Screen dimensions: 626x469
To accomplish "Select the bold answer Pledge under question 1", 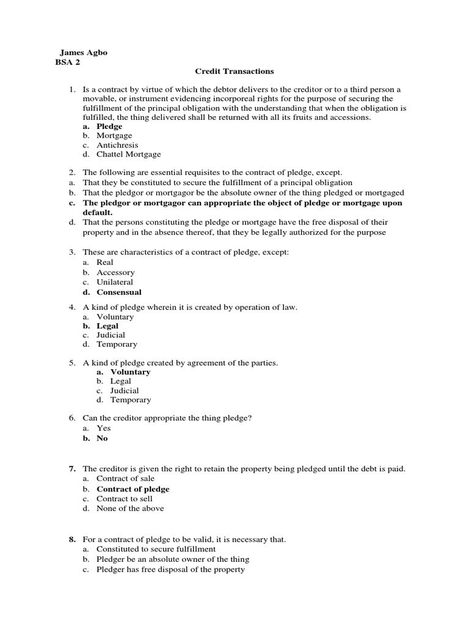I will (109, 127).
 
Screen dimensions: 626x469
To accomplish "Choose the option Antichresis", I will (117, 145).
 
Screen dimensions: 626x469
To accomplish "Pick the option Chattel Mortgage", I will (128, 155).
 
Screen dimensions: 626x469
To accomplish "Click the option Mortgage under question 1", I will (114, 136).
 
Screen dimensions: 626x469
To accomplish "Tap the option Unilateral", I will (115, 282).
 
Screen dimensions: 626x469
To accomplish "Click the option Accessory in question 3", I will (115, 273).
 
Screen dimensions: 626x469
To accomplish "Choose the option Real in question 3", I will (105, 262).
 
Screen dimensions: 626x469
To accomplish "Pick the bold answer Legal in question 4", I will (107, 326).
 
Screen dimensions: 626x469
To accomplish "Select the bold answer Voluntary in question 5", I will (130, 372).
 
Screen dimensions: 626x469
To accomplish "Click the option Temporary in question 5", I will (130, 400).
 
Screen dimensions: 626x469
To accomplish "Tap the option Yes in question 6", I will (104, 429).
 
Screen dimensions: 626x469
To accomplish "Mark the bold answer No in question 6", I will (102, 438).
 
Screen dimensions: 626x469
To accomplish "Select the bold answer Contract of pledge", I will (133, 489).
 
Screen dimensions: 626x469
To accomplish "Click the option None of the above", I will (130, 508).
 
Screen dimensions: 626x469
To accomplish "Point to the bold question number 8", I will (71, 540).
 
